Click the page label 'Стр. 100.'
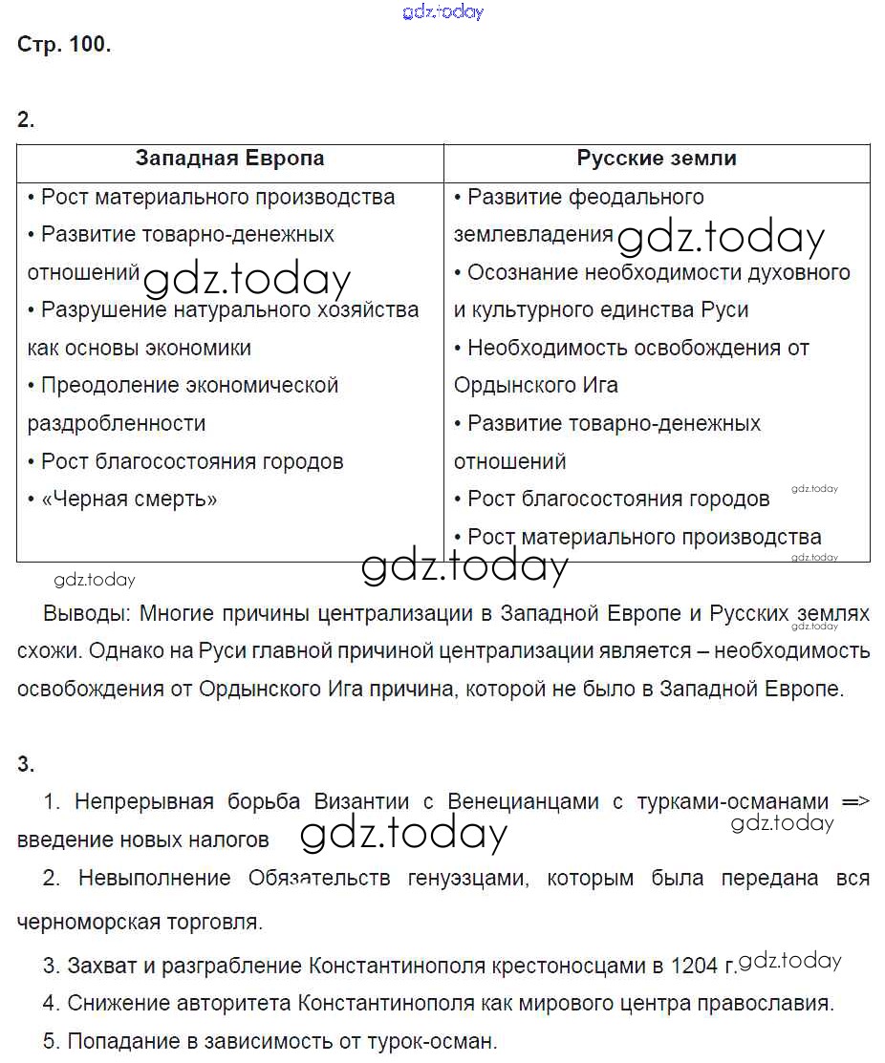[64, 45]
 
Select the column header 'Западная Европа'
[229, 159]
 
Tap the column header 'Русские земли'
[657, 159]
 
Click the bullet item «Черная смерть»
[129, 499]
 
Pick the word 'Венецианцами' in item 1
[524, 801]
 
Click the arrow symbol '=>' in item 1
[855, 801]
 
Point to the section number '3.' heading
[26, 763]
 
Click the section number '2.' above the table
[26, 119]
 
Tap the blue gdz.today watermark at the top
[443, 11]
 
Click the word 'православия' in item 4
[775, 1004]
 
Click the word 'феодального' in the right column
[637, 198]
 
